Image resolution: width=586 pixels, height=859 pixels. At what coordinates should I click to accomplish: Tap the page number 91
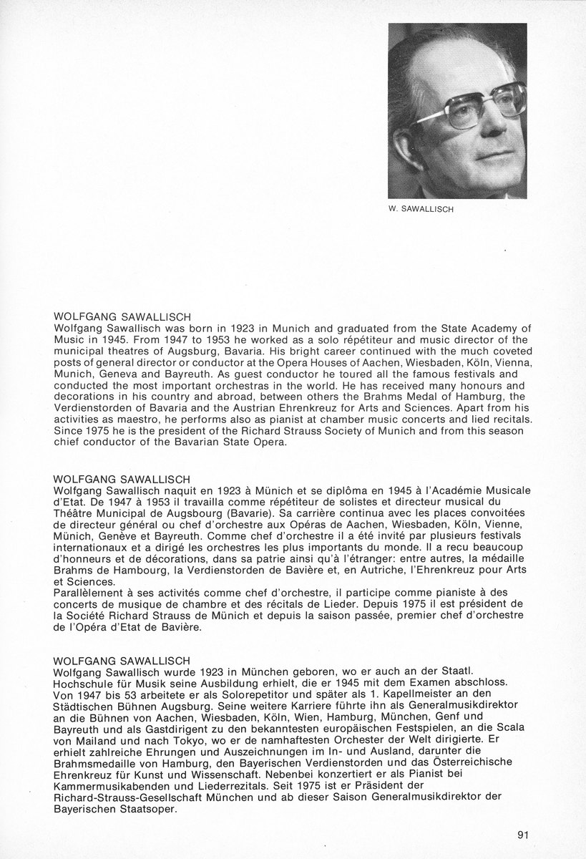click(x=522, y=834)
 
